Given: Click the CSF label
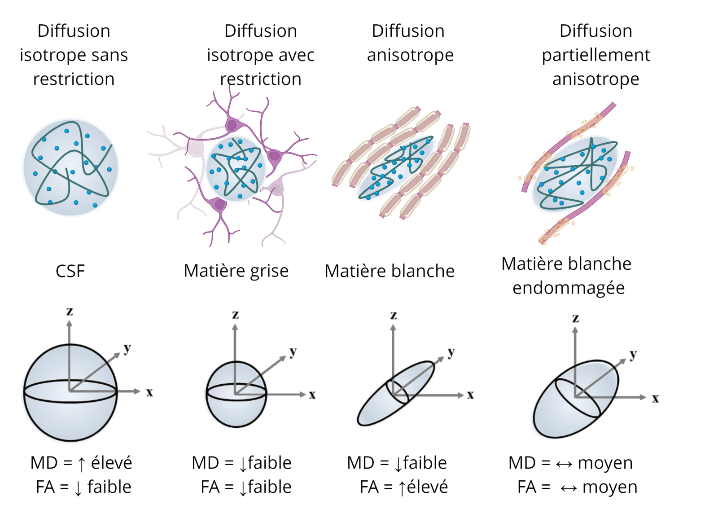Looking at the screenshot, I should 70,271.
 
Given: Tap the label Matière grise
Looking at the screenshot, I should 236,271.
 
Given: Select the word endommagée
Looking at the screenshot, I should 569,288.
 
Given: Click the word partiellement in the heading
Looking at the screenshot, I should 595,55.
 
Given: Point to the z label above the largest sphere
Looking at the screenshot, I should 70,311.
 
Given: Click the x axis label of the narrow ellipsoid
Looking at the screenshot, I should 470,395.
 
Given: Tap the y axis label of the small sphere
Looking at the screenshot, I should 293,352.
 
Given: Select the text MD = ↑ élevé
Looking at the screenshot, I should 81,463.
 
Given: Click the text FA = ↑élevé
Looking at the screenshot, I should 404,487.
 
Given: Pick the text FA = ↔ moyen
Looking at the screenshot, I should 577,487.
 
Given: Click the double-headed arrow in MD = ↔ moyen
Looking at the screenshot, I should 564,464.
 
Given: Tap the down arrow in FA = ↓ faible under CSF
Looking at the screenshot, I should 78,488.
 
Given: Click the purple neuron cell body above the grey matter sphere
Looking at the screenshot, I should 232,124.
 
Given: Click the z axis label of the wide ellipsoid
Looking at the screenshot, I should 575,318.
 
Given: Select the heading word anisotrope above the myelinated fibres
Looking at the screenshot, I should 410,55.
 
